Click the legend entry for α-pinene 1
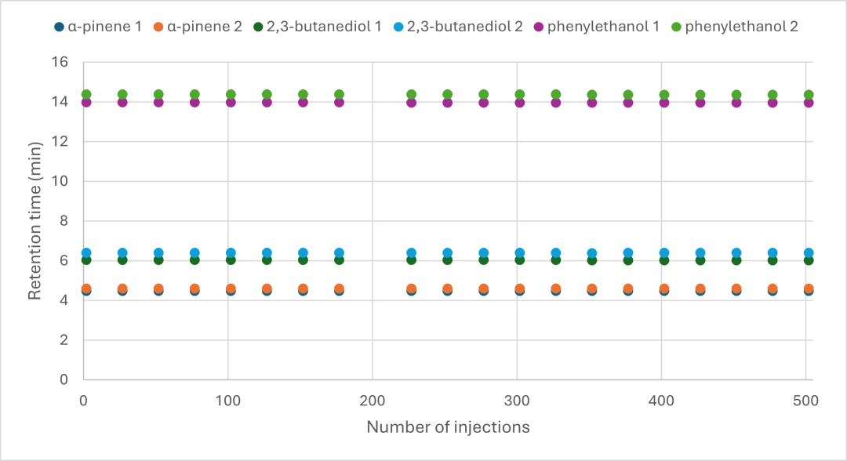coord(98,27)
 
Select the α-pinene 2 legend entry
coord(198,27)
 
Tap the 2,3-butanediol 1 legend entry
coord(318,27)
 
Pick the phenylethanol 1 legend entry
coord(597,27)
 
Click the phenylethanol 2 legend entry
coord(735,27)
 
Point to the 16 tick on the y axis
coord(60,62)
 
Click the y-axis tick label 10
coord(60,181)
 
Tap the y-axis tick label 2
coord(64,339)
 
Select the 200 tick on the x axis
coord(373,401)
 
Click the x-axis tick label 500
coord(806,401)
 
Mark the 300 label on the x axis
coord(517,401)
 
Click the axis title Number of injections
coord(448,427)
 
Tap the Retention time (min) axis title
coord(35,221)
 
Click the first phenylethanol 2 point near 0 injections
coord(86,94)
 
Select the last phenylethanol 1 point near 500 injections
coord(809,102)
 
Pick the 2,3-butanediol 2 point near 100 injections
coord(231,252)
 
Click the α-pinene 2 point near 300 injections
coord(520,289)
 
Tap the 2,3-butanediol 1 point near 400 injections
coord(664,260)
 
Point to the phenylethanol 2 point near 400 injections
coord(664,94)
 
